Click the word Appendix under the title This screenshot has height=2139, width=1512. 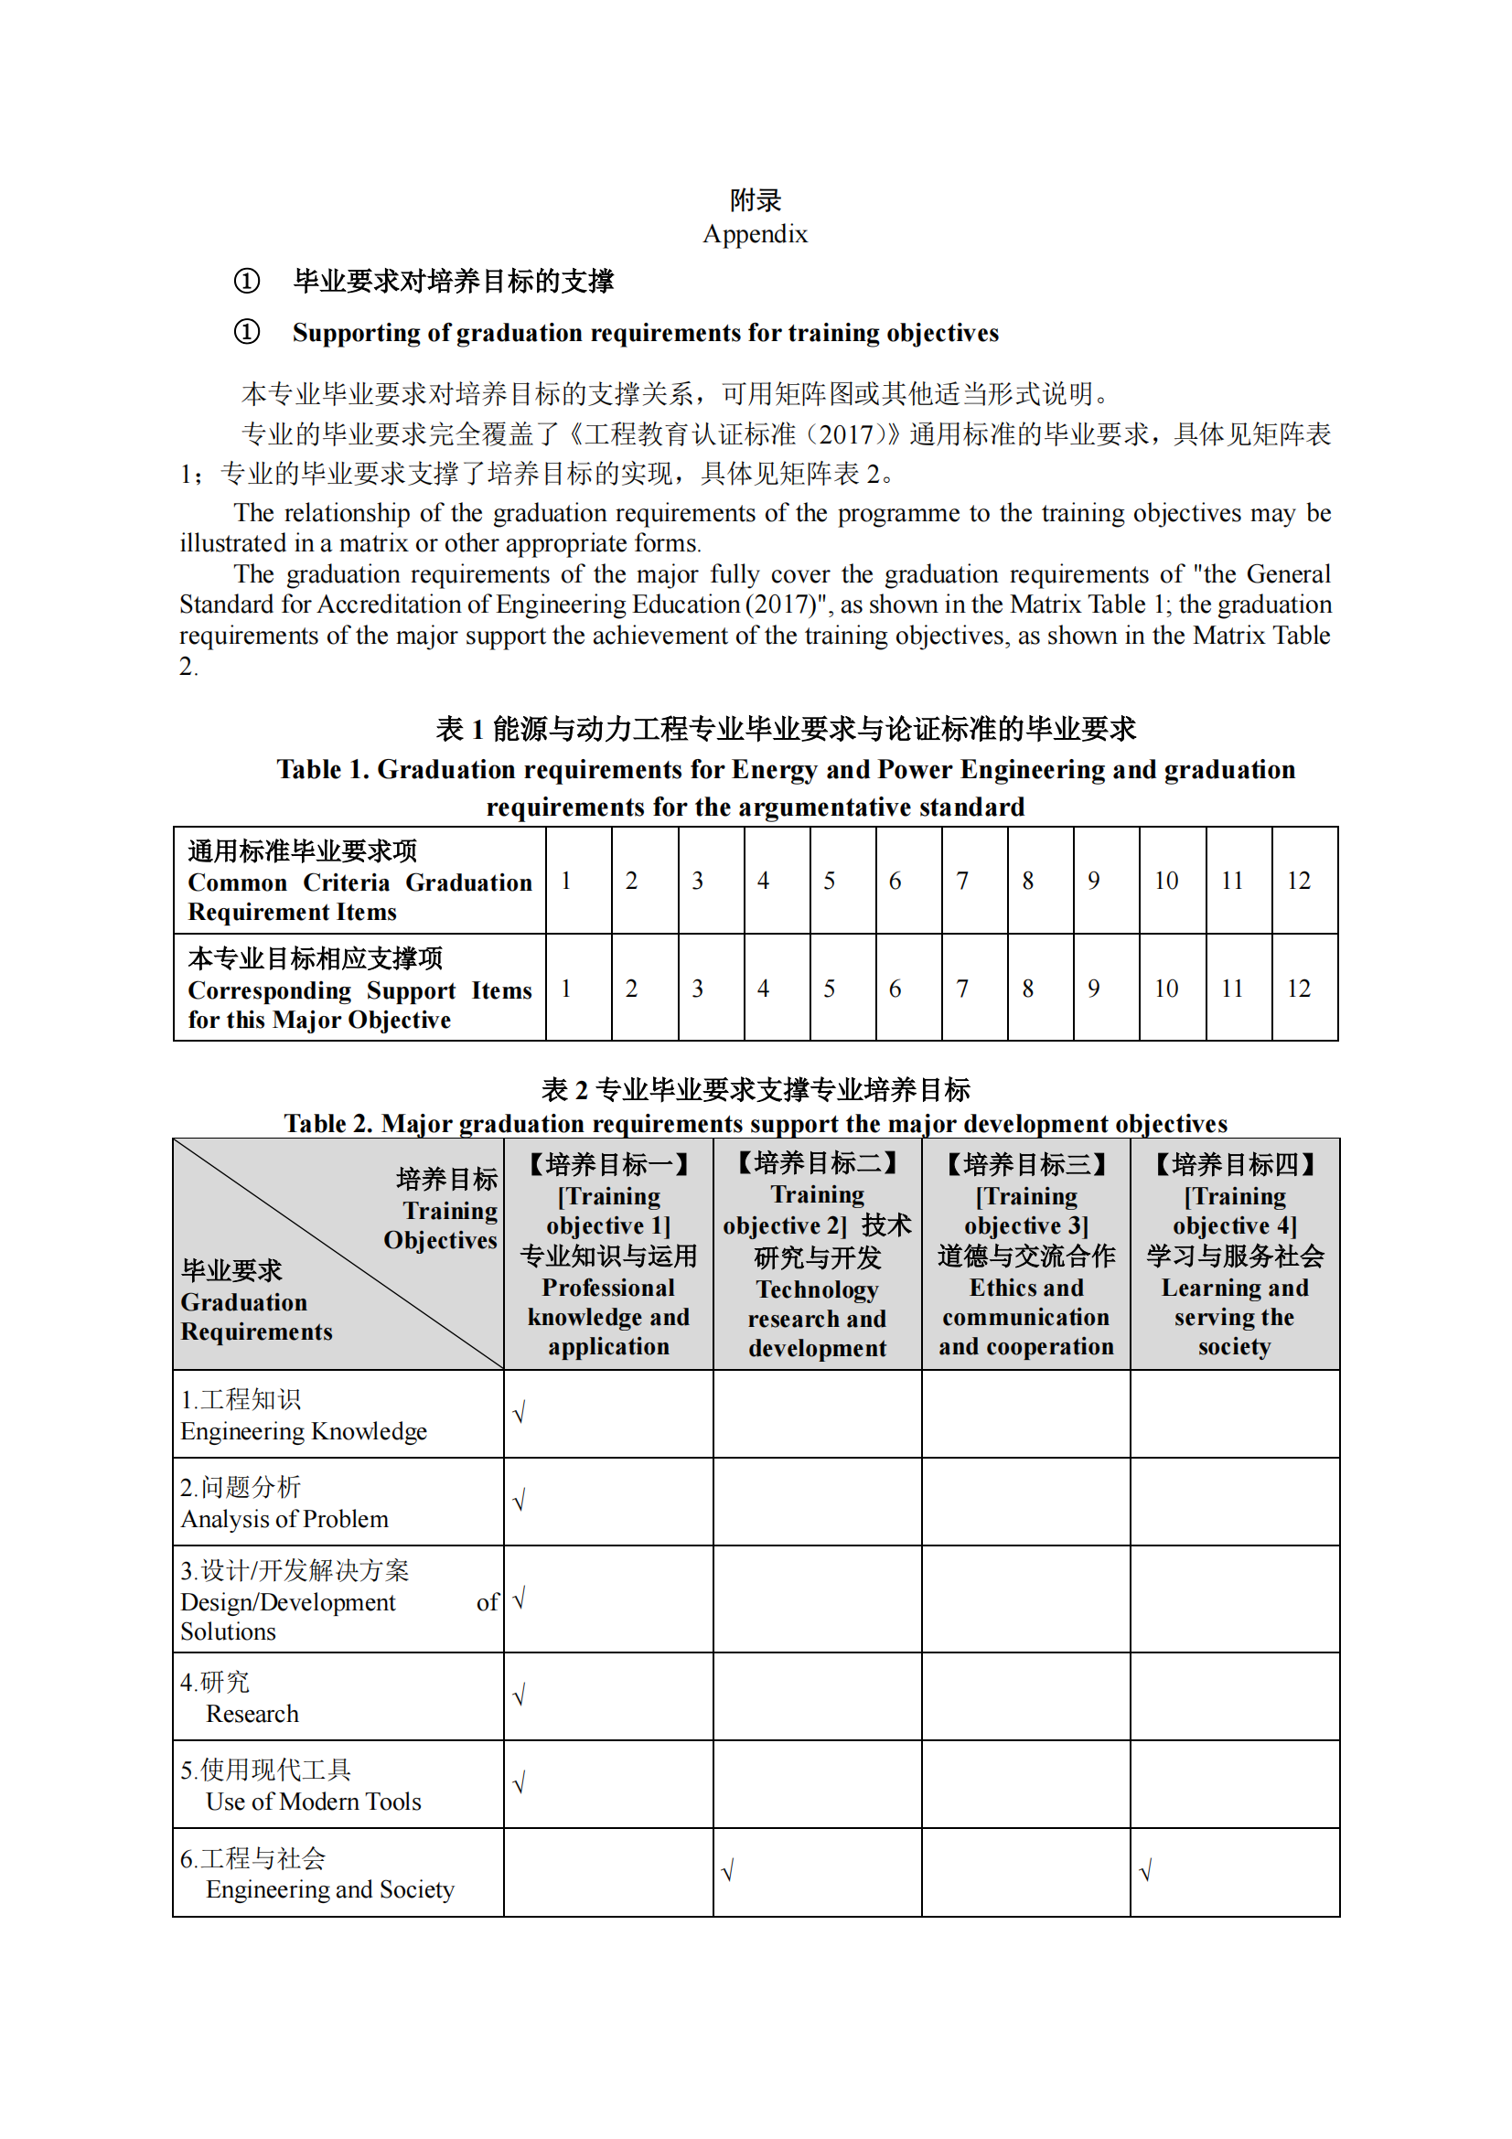coord(755,234)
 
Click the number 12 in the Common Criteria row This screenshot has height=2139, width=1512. coord(1298,881)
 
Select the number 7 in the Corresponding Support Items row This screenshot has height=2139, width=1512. coord(961,989)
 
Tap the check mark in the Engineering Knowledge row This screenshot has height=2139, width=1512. coord(520,1413)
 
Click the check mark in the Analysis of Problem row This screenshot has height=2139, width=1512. coord(520,1501)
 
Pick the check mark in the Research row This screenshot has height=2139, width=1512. coord(520,1695)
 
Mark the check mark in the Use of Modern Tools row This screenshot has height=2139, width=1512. coord(520,1782)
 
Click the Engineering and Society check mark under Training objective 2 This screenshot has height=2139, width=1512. coord(728,1870)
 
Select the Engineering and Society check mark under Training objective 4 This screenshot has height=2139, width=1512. coord(1146,1870)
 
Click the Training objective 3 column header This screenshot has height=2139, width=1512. coord(1025,1254)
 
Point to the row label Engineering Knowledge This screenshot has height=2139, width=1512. coord(304,1431)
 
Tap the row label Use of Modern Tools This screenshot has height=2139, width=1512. coord(313,1802)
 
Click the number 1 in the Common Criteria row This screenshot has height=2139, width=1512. coord(565,881)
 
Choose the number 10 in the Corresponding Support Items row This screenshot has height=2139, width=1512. coord(1165,989)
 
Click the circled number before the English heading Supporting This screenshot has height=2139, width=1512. coord(247,332)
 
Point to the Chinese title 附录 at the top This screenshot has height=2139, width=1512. coord(755,199)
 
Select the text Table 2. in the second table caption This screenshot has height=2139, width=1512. coord(328,1124)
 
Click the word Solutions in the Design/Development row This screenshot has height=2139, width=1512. coord(229,1632)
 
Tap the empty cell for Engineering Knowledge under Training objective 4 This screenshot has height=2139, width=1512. coord(1234,1413)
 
